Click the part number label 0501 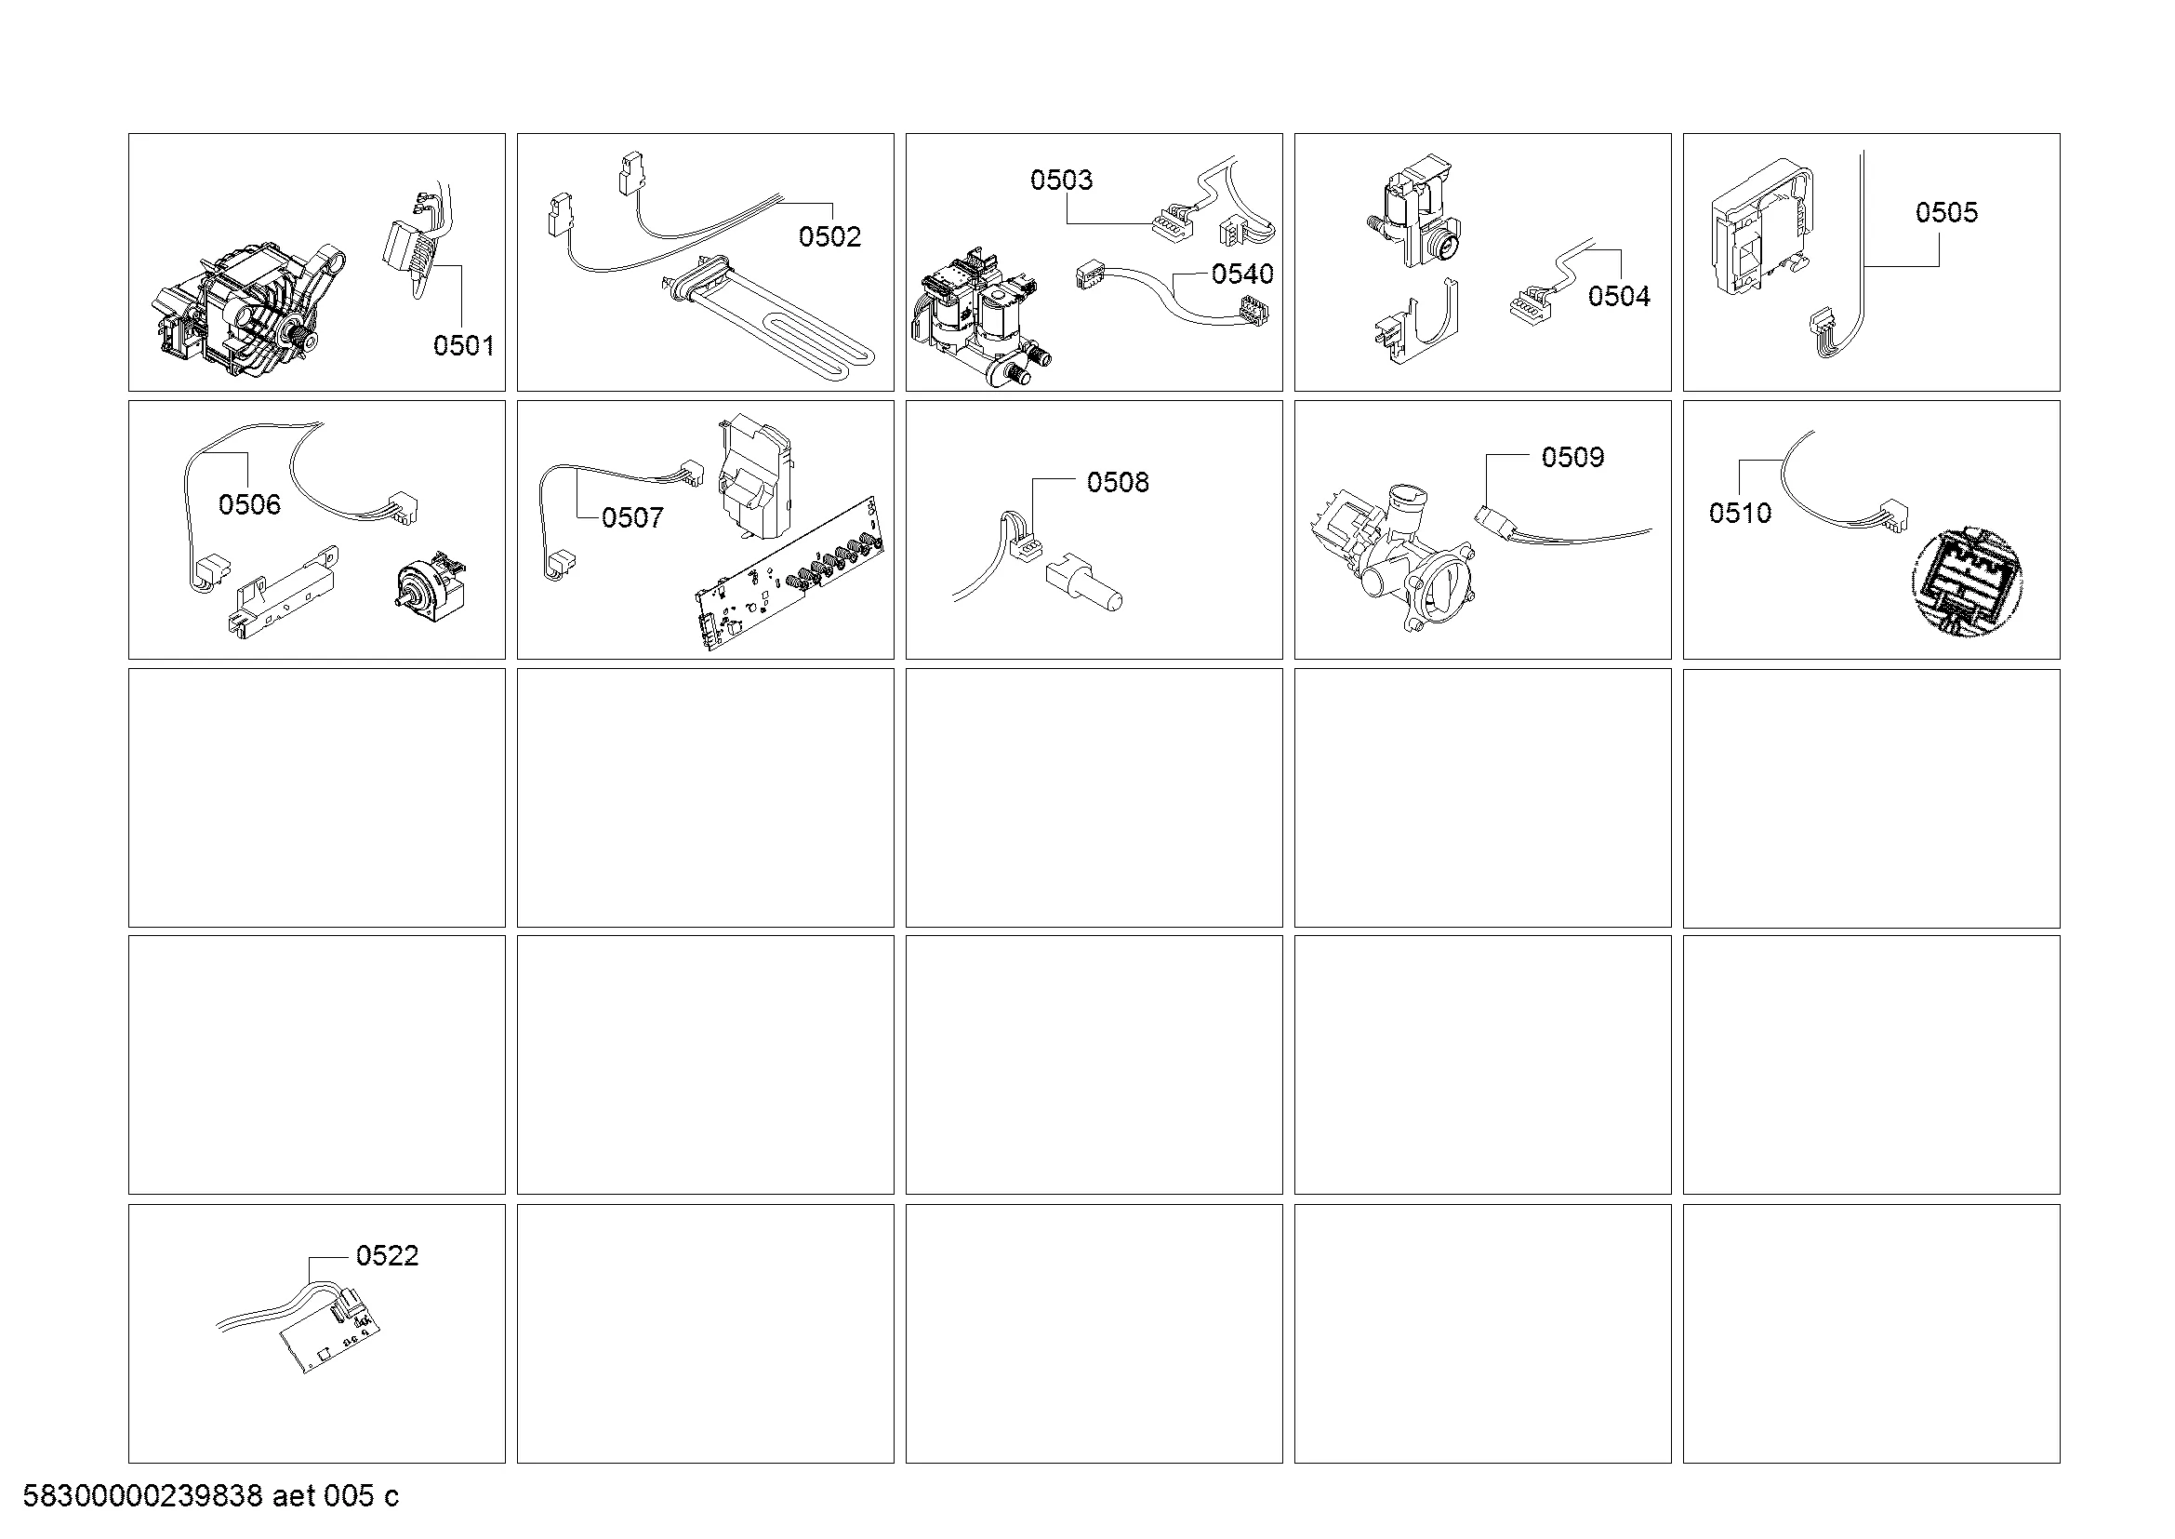(463, 346)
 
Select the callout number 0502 (829, 237)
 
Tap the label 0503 (1061, 181)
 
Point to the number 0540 (1243, 274)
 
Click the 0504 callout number (1619, 297)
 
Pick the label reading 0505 (1946, 212)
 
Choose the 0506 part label (250, 505)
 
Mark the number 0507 (633, 518)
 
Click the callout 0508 (1118, 483)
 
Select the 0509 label (1572, 458)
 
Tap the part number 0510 (1740, 514)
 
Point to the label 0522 (388, 1256)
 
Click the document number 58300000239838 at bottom (142, 1496)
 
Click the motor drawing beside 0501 (249, 307)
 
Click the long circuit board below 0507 (791, 575)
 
